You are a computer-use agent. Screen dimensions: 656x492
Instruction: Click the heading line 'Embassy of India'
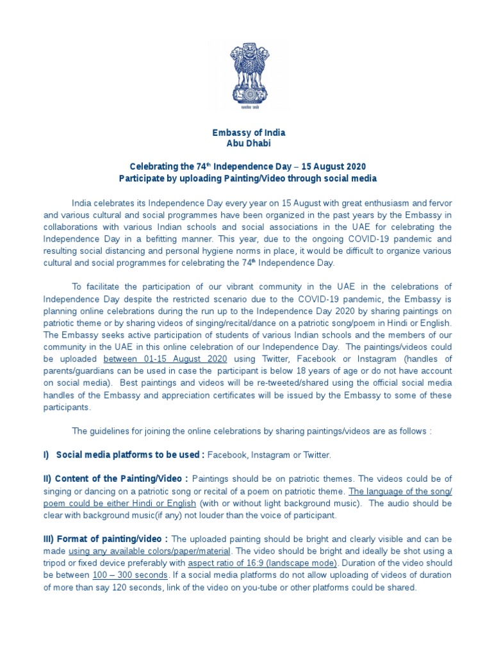[249, 133]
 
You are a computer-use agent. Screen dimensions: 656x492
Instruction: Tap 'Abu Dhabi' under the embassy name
[249, 143]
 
